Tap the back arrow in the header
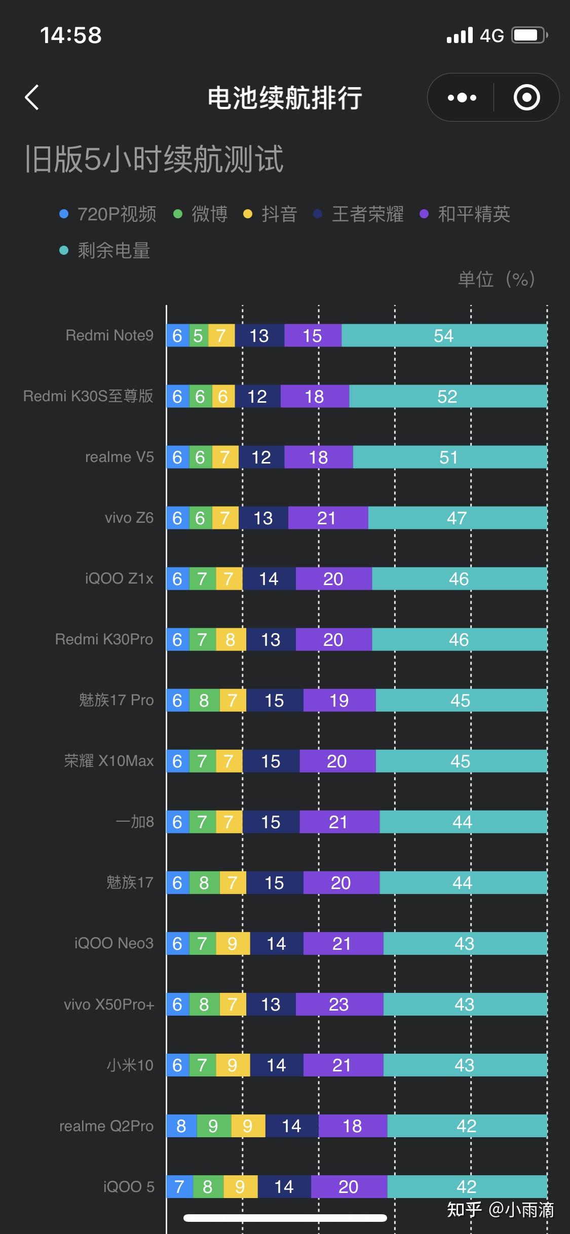click(32, 97)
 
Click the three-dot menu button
click(462, 97)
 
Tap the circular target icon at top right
click(527, 97)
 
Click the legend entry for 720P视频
click(108, 214)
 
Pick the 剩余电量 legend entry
click(105, 250)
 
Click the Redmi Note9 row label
click(109, 335)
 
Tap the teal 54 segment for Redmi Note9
click(444, 335)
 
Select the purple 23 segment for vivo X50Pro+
click(339, 1004)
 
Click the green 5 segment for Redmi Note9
click(199, 335)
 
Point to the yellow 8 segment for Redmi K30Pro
click(231, 639)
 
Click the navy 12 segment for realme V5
click(261, 457)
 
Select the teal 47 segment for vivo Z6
click(458, 518)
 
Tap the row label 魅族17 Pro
click(116, 700)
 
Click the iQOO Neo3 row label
click(114, 943)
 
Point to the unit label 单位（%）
click(497, 279)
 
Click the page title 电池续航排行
click(285, 98)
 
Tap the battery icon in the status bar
click(530, 35)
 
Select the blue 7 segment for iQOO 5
click(180, 1186)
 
